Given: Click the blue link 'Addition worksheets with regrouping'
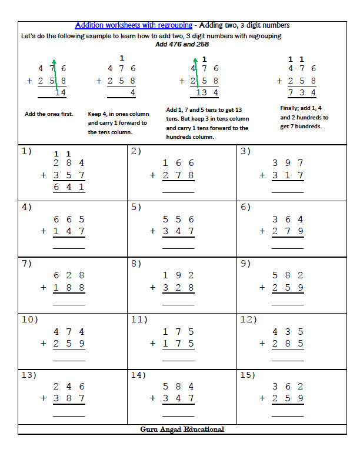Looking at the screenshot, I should tap(134, 25).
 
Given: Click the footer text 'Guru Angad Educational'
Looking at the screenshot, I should tap(182, 430).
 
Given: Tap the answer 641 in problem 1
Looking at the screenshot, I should tap(69, 187).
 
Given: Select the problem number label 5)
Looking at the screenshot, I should tap(136, 207).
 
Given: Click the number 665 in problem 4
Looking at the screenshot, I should tap(69, 219).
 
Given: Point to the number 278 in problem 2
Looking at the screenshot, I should tap(178, 175).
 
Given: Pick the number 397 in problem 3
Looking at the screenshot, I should tap(288, 163).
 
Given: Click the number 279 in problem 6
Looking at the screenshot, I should tap(288, 231).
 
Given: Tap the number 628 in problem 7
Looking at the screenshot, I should tap(69, 275).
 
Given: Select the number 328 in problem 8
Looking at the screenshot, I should tap(178, 288).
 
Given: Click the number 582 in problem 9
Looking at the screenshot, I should tap(288, 275).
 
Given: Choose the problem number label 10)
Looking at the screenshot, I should tap(29, 319).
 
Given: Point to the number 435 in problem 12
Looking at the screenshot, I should tap(288, 331).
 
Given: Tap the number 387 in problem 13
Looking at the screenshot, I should tap(69, 398).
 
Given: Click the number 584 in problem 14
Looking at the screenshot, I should tap(178, 387).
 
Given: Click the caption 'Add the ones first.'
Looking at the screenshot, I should tap(49, 114).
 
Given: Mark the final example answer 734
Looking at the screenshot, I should tap(302, 92).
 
